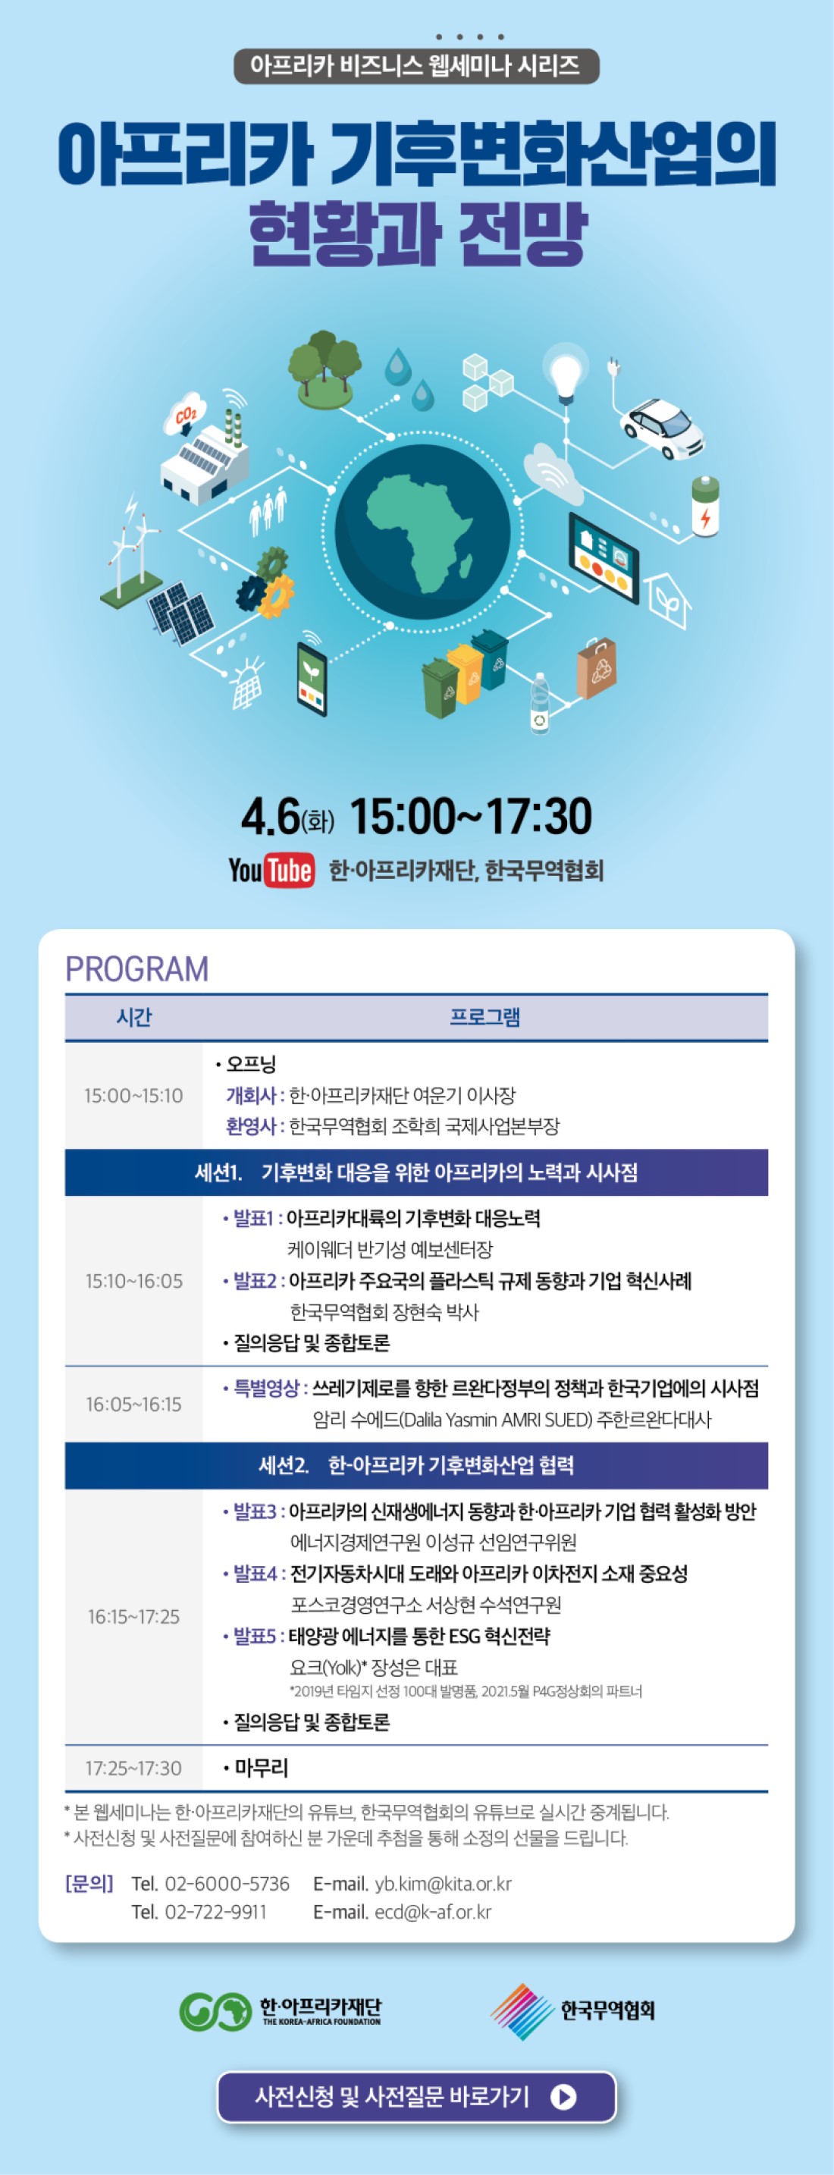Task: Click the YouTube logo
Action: tap(271, 871)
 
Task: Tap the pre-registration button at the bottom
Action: tap(416, 2096)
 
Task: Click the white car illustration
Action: tap(663, 427)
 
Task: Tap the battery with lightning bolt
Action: tap(706, 505)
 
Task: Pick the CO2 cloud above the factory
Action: tap(187, 415)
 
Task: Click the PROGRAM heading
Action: tap(136, 969)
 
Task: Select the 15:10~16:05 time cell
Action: tap(133, 1281)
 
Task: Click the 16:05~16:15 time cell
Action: tap(133, 1404)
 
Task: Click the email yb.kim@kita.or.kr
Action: tap(444, 1884)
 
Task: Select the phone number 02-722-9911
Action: tap(215, 1912)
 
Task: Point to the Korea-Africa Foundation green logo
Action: tap(215, 2010)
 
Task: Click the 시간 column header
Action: tap(134, 1016)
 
